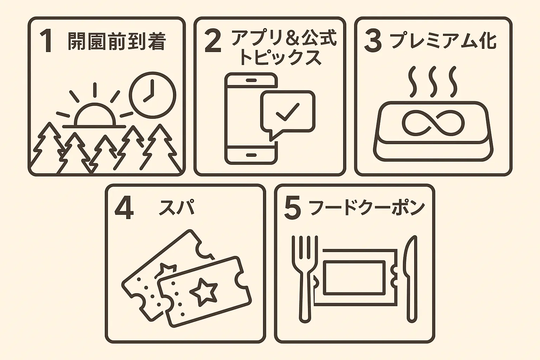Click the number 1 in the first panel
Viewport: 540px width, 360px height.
[x=46, y=42]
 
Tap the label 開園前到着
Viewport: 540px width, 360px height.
[x=116, y=41]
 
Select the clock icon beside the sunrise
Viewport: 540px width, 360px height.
[x=152, y=95]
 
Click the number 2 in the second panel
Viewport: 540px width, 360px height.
[x=213, y=42]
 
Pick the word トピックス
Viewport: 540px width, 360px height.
[x=280, y=58]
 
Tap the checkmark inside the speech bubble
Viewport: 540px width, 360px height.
[x=288, y=112]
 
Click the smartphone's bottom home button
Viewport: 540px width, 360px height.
[x=251, y=155]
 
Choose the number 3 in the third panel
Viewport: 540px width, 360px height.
[x=373, y=42]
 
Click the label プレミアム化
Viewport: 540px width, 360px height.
[x=443, y=41]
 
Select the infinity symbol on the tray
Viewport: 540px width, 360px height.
[x=433, y=123]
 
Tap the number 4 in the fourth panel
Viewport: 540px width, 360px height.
[x=124, y=209]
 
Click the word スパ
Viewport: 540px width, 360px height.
[x=176, y=207]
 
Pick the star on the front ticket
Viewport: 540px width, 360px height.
[x=204, y=290]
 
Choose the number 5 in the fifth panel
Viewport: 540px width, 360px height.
[x=292, y=209]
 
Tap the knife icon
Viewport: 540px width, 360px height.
[x=411, y=278]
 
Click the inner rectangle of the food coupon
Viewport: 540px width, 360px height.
[x=354, y=278]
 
